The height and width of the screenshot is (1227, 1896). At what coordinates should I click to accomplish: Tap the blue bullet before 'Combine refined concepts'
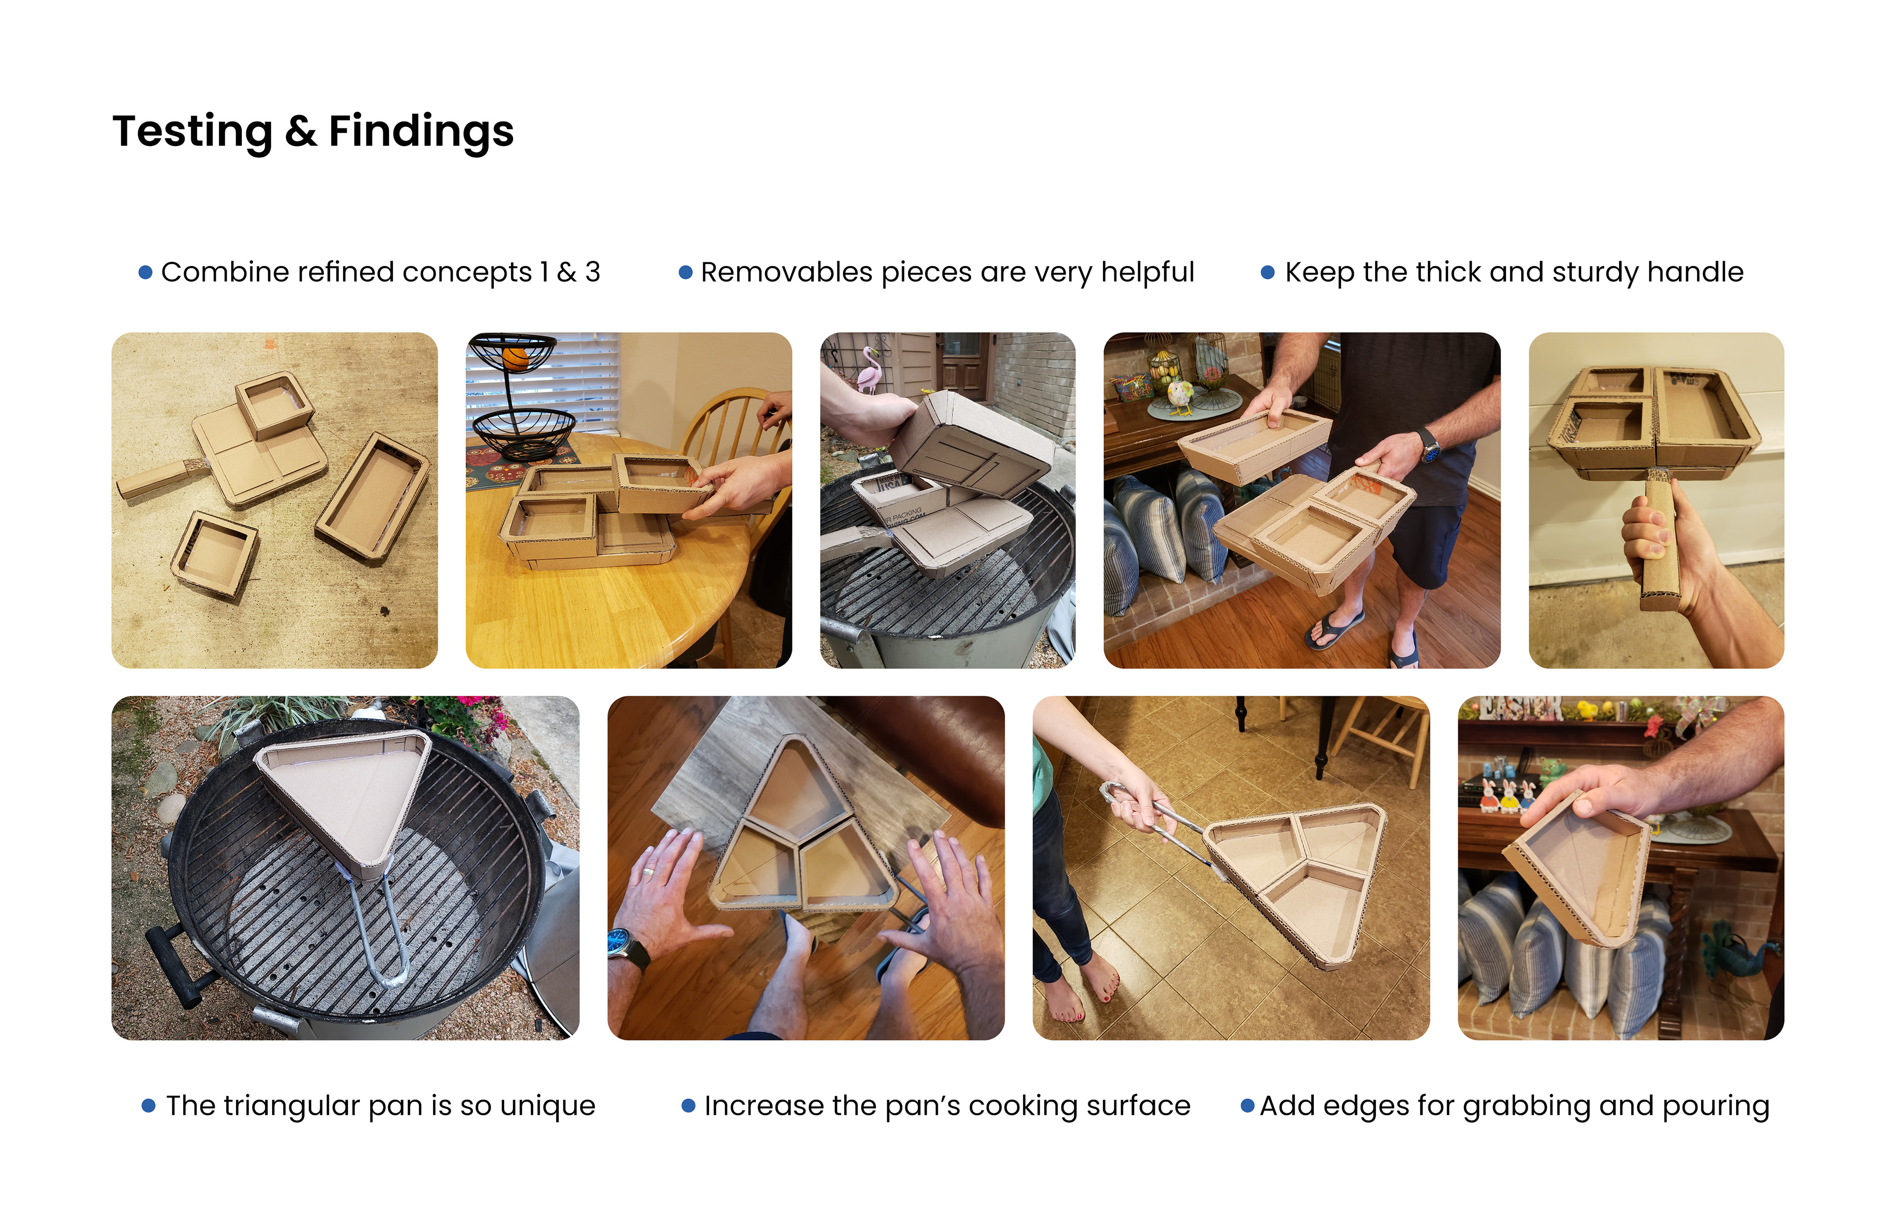[x=145, y=273]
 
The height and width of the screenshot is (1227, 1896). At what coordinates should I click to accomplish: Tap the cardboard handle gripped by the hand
[x=1659, y=542]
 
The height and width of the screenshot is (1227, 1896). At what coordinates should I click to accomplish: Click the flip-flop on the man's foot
[x=1335, y=628]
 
